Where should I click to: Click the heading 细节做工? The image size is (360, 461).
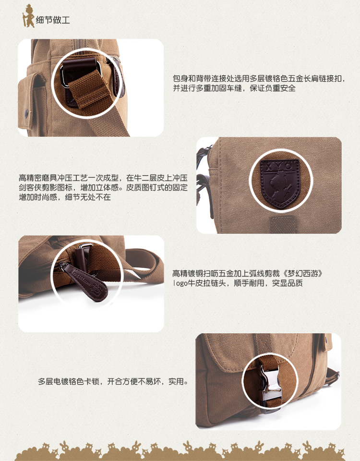point(53,20)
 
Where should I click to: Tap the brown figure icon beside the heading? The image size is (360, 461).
point(28,16)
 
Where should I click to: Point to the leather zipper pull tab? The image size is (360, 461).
point(86,282)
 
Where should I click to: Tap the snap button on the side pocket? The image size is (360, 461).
point(26,112)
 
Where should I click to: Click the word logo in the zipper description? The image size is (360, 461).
point(180,283)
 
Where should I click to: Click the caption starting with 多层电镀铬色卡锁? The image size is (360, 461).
point(113,382)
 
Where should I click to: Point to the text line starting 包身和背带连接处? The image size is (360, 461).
point(259,78)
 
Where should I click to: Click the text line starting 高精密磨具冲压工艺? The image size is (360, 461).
point(103,178)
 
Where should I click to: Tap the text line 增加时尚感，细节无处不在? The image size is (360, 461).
point(65,197)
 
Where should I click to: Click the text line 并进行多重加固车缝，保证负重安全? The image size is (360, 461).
point(234,88)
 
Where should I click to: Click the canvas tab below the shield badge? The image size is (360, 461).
point(283,225)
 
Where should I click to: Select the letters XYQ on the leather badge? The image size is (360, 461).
point(280,166)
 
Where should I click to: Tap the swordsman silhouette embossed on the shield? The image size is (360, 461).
point(280,188)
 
